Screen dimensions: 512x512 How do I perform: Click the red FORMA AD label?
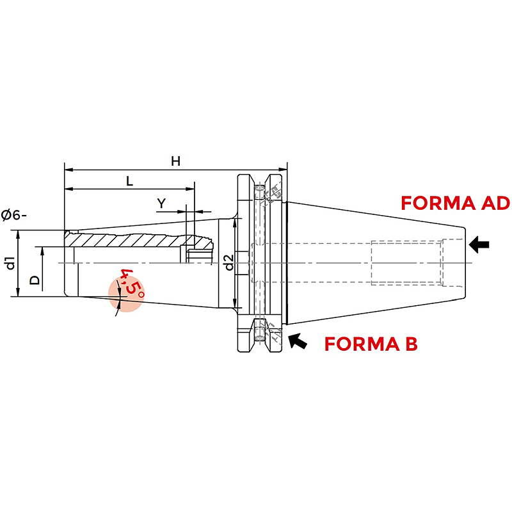455,203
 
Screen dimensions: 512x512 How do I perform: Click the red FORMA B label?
371,344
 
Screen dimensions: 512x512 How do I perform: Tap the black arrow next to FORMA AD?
479,244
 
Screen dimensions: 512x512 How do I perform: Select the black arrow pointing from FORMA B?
298,341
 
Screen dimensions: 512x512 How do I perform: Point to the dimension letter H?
175,161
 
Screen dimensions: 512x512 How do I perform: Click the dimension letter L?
130,181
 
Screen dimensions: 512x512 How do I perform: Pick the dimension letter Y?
161,203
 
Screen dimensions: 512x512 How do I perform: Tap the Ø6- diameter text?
13,216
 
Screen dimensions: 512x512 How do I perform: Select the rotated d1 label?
11,263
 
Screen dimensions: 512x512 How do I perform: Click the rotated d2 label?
230,262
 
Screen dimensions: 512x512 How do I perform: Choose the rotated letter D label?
35,280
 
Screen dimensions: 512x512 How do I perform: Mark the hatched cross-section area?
137,240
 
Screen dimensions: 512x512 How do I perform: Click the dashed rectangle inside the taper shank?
407,263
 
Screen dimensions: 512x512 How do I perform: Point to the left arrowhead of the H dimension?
68,170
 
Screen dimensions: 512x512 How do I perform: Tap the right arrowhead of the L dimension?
190,189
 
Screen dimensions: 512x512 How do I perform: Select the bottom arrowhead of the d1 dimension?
18,292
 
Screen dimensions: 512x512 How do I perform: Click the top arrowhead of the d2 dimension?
235,223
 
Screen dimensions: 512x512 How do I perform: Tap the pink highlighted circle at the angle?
125,295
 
